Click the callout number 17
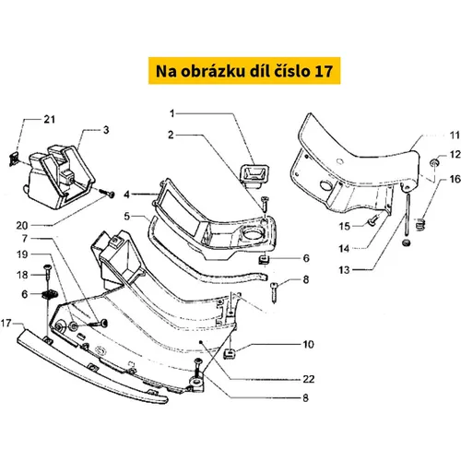click(x=6, y=323)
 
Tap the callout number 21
click(x=50, y=119)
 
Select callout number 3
click(x=106, y=130)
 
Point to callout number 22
click(x=309, y=379)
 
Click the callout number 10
click(x=308, y=344)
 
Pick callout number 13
click(x=344, y=270)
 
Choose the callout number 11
click(x=455, y=136)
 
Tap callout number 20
click(x=22, y=225)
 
